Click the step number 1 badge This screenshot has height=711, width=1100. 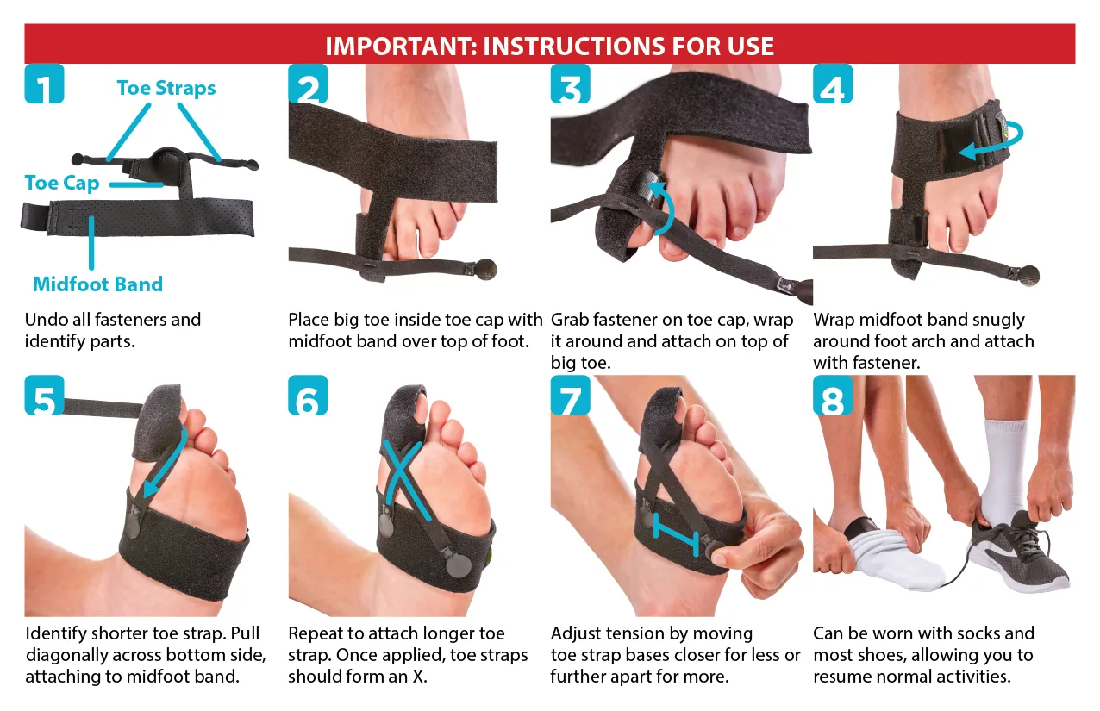click(x=44, y=84)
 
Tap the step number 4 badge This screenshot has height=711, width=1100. click(x=833, y=84)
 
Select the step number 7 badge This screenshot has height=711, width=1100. click(x=570, y=396)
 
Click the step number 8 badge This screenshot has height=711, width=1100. click(x=833, y=396)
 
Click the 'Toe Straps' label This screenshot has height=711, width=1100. click(x=166, y=89)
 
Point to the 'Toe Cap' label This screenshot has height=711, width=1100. click(x=62, y=183)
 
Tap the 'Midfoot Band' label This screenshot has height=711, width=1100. click(x=97, y=284)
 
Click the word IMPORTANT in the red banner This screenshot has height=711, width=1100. click(x=401, y=47)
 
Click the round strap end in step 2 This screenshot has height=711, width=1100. click(x=485, y=269)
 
